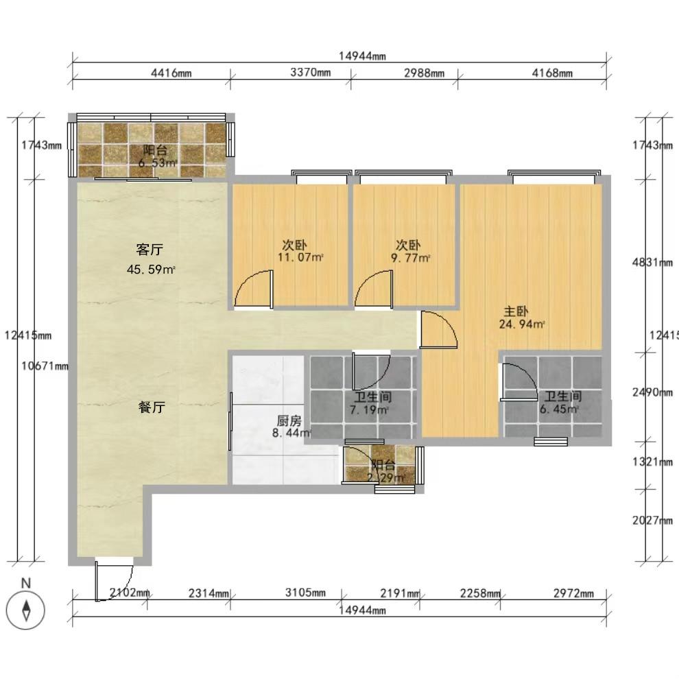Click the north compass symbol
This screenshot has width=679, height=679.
(25, 609)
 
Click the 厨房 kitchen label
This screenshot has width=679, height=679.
(289, 420)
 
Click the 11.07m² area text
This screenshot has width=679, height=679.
(300, 258)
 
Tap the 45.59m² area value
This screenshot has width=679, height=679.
(151, 270)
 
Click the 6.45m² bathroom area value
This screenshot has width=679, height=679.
(562, 409)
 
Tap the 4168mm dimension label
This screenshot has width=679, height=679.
(552, 73)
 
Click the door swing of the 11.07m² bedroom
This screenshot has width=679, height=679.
(254, 288)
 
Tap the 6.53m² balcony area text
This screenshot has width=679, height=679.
(158, 163)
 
